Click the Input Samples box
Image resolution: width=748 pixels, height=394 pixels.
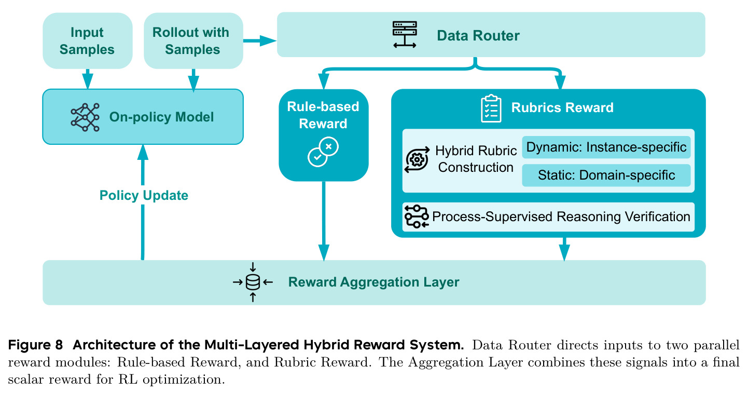click(88, 41)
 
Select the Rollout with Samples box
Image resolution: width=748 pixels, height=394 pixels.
click(193, 41)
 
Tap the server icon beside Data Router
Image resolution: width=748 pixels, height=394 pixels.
click(405, 35)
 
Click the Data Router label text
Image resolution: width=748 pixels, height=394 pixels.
click(478, 35)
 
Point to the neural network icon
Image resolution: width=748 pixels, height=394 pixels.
click(85, 117)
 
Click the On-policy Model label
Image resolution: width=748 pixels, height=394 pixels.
click(161, 117)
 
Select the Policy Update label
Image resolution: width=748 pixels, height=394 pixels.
click(144, 195)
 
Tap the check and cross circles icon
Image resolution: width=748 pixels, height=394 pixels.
click(323, 152)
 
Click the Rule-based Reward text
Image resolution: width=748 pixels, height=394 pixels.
click(323, 115)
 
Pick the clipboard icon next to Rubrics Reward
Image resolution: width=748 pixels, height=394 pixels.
click(491, 108)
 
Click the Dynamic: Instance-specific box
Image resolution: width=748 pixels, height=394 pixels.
click(606, 147)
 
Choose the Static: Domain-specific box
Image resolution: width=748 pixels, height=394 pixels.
click(606, 175)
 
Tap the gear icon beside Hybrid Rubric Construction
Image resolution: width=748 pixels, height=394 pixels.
click(417, 160)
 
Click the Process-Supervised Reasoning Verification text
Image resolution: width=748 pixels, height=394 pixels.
click(561, 216)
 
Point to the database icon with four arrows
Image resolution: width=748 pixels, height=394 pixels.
click(253, 282)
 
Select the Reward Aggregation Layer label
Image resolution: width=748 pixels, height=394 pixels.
click(373, 282)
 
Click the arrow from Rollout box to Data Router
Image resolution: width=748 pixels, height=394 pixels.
click(260, 41)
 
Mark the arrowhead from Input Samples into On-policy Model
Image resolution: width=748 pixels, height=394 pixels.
click(88, 81)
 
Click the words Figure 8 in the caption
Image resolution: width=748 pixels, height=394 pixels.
click(35, 345)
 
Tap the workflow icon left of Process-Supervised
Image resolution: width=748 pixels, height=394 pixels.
click(417, 216)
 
